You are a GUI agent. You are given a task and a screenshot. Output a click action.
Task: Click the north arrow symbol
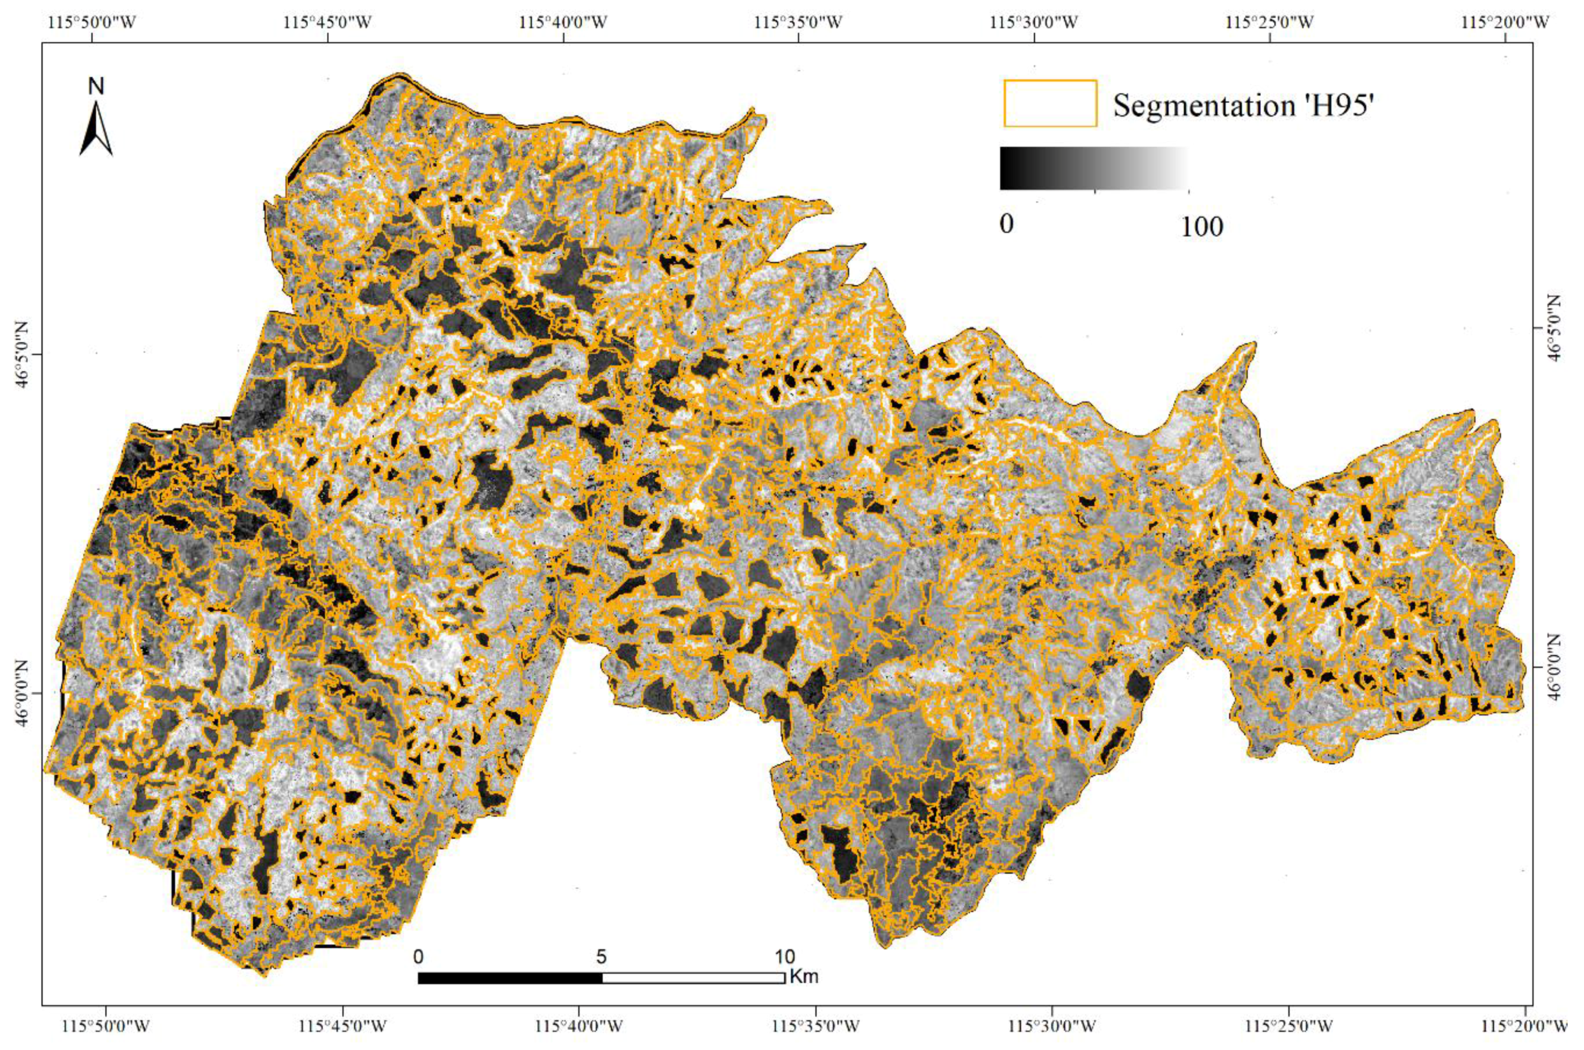[97, 129]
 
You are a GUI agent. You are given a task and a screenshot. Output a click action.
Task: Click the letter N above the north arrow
[97, 86]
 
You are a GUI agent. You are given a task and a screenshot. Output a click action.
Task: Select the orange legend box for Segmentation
[1050, 103]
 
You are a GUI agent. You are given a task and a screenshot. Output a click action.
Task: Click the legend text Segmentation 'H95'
[1243, 106]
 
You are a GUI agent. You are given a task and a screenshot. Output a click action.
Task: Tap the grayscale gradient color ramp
[1093, 168]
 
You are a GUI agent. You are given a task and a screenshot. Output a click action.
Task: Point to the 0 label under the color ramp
[1006, 224]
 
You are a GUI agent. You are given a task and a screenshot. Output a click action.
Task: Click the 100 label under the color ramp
[1202, 227]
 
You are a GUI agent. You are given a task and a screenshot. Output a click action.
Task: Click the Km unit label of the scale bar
[804, 977]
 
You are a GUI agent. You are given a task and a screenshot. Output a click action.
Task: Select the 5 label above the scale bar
[601, 957]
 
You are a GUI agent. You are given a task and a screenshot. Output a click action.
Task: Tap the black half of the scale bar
[510, 978]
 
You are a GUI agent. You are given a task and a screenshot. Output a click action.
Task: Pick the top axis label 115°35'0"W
[798, 23]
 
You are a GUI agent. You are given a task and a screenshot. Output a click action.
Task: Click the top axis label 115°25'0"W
[1270, 23]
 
